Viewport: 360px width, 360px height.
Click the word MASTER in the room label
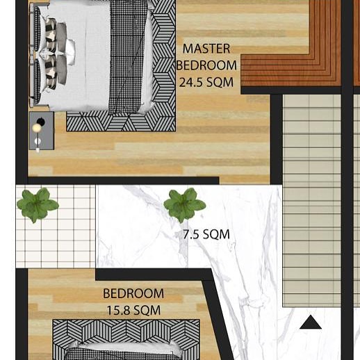coord(206,49)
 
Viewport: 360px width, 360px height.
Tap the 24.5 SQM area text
coord(206,82)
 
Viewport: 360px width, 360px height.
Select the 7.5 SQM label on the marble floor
coord(206,235)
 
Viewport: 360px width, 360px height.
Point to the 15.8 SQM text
coord(133,311)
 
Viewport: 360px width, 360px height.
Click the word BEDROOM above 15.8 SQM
coord(133,294)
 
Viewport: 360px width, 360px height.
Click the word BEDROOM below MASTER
coord(206,65)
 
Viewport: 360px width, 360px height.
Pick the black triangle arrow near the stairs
coord(311,322)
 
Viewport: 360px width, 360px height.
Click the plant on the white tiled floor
coord(37,204)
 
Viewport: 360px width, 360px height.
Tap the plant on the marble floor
coord(184,204)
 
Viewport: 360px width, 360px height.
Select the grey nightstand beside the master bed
coord(41,131)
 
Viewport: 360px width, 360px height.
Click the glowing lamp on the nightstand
coord(38,128)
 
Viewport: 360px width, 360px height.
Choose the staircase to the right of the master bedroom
coord(311,195)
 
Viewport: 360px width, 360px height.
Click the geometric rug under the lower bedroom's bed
coord(125,329)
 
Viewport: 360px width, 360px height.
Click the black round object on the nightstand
coord(40,122)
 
